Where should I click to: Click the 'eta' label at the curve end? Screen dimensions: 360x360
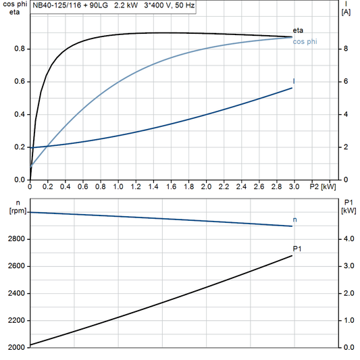point(299,31)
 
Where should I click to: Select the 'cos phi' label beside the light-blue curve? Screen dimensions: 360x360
point(305,42)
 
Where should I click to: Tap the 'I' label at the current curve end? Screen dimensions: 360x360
point(294,82)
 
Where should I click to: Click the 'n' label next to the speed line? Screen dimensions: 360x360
point(294,219)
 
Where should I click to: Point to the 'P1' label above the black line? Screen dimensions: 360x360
point(297,249)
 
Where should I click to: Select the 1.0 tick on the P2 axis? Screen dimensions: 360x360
point(118,186)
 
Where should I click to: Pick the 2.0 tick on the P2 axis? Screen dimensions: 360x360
point(205,186)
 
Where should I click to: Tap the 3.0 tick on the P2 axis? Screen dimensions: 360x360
point(293,186)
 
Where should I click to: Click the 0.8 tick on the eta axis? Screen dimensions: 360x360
point(20,49)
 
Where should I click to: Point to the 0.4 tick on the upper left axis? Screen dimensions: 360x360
point(20,114)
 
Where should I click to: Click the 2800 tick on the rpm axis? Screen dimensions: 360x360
point(16,239)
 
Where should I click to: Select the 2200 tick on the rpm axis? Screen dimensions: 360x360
point(16,320)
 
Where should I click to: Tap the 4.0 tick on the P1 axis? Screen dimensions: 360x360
point(348,239)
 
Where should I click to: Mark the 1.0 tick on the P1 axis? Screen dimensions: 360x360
point(348,320)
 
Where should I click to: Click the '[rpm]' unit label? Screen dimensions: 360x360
point(13,211)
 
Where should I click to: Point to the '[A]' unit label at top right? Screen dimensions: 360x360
point(346,12)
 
